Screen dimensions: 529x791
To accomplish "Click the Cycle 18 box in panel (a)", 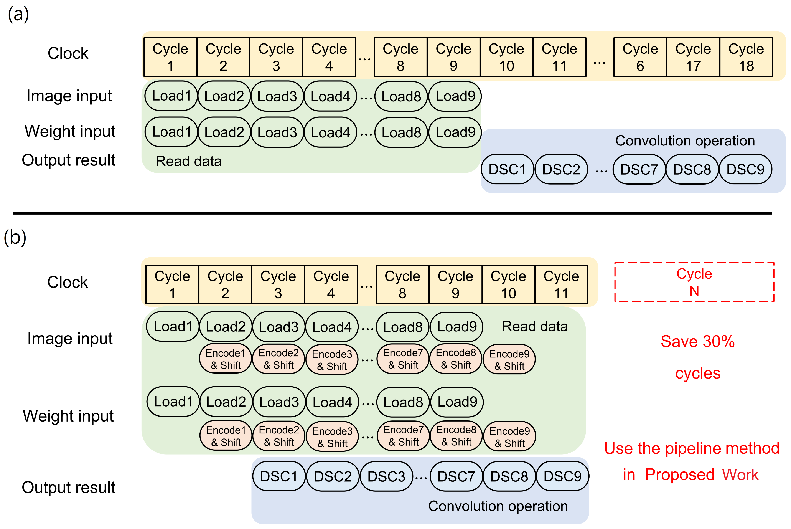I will pos(746,57).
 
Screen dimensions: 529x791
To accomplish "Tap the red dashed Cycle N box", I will pos(694,282).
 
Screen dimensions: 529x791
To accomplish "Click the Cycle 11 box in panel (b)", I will pos(561,284).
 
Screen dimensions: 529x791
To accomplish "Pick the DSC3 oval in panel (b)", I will pos(386,476).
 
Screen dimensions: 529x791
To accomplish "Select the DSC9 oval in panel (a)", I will pos(745,169).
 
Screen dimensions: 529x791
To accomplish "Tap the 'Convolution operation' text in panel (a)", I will pos(685,141).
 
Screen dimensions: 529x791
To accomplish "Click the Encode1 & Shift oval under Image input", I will pos(225,359).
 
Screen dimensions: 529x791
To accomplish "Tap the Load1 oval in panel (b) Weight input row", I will pos(173,402).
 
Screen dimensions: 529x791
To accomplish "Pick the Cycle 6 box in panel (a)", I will pos(640,57).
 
